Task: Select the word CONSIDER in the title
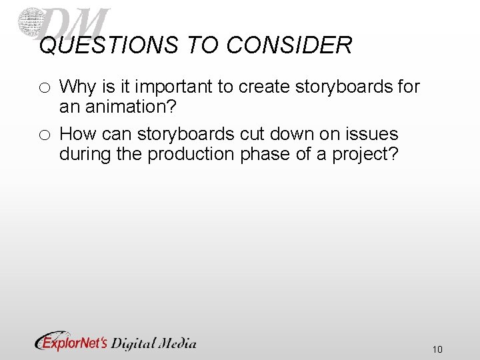(289, 45)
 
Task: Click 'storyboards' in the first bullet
(337, 87)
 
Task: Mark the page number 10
(437, 349)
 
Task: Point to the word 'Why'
(76, 87)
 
